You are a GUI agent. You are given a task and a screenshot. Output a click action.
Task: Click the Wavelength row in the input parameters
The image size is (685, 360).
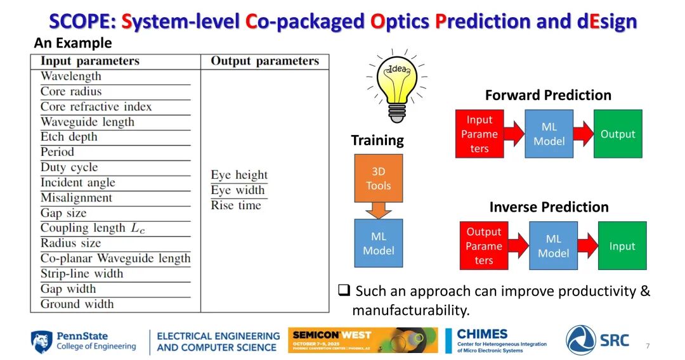pyautogui.click(x=71, y=76)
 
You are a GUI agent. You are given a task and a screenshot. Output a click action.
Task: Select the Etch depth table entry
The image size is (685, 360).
pyautogui.click(x=69, y=136)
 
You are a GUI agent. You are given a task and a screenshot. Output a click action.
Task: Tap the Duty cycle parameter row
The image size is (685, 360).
pyautogui.click(x=69, y=167)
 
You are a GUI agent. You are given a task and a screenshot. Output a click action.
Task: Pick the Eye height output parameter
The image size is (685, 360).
pyautogui.click(x=239, y=174)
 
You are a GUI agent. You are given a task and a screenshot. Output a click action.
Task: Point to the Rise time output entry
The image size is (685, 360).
pyautogui.click(x=236, y=205)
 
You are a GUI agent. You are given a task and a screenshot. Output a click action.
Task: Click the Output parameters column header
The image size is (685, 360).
pyautogui.click(x=264, y=61)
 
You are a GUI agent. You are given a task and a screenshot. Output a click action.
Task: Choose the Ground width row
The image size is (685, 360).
pyautogui.click(x=77, y=304)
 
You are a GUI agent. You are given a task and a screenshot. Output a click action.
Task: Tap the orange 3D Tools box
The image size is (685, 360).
pyautogui.click(x=378, y=178)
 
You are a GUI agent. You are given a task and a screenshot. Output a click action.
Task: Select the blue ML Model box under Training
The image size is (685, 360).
pyautogui.click(x=378, y=243)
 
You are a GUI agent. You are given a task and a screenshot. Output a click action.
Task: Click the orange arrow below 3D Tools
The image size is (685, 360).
pyautogui.click(x=378, y=210)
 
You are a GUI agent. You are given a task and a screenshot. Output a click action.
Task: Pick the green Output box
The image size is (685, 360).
pyautogui.click(x=618, y=134)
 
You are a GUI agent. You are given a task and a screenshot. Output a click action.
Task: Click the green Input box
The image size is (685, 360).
pyautogui.click(x=622, y=246)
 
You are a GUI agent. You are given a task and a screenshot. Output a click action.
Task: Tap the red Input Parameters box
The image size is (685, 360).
pyautogui.click(x=480, y=134)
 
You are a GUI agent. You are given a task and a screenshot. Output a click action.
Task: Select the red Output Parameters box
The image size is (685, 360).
pyautogui.click(x=483, y=246)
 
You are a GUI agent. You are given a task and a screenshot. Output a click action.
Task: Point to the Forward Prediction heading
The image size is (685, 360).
pyautogui.click(x=548, y=95)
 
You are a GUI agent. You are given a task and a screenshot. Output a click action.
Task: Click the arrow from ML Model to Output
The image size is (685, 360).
pyautogui.click(x=584, y=134)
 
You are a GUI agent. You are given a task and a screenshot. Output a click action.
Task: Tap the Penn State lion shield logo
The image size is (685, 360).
pyautogui.click(x=41, y=342)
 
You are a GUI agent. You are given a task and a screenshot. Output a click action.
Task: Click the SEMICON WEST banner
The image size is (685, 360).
pyautogui.click(x=363, y=340)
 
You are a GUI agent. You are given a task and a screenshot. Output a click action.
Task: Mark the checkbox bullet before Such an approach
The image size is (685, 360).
pyautogui.click(x=344, y=290)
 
